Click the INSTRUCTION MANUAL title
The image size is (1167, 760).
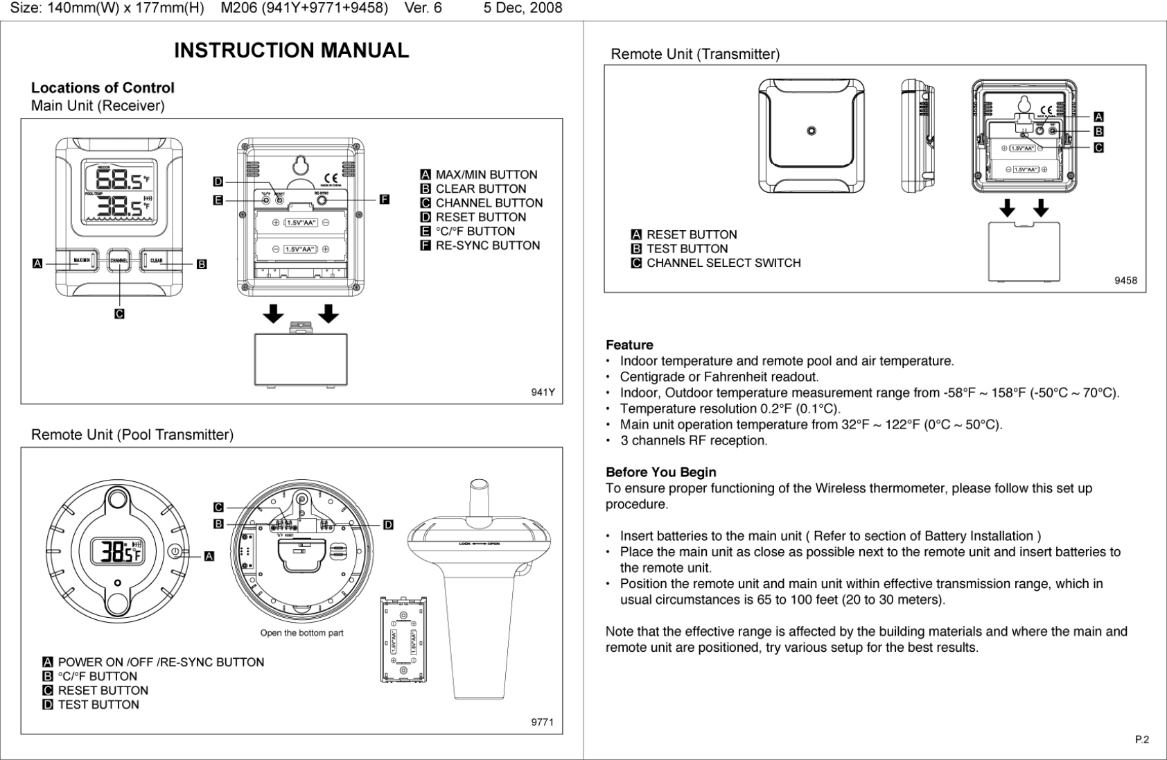tap(291, 51)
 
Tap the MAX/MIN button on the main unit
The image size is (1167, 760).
tap(82, 261)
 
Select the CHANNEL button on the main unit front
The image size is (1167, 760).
tap(119, 261)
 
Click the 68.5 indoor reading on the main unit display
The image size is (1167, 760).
tap(118, 180)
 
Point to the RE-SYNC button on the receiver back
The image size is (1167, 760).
tap(322, 200)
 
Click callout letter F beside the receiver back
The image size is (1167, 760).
tap(384, 200)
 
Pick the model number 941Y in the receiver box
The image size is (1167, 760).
tap(543, 392)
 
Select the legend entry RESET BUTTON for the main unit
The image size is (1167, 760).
tap(480, 217)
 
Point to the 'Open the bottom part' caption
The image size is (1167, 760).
tap(301, 632)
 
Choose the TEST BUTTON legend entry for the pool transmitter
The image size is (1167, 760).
tap(98, 705)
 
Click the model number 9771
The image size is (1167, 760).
tap(542, 722)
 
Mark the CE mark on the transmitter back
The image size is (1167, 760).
tap(1046, 110)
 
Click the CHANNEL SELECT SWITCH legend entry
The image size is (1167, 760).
tap(723, 263)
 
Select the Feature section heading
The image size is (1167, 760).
tap(629, 345)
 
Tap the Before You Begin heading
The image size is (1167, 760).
tap(660, 472)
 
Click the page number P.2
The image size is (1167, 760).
tap(1141, 739)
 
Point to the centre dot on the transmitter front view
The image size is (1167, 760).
tap(811, 130)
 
